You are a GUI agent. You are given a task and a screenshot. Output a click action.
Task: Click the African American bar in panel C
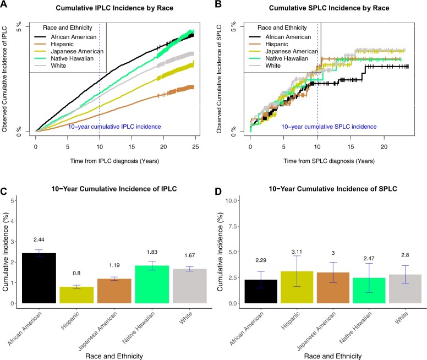[39, 278]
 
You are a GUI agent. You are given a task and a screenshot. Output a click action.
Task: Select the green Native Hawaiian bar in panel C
[152, 284]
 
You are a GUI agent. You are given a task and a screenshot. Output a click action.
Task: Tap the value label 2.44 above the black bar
[39, 239]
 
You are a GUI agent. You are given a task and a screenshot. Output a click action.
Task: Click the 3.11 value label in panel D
[297, 252]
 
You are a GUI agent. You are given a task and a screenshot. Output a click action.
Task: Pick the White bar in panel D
[405, 289]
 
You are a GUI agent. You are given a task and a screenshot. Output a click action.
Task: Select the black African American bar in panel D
[261, 291]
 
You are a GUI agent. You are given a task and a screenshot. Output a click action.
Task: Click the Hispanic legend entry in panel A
[62, 44]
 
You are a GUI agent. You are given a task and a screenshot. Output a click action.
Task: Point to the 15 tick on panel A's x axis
[132, 146]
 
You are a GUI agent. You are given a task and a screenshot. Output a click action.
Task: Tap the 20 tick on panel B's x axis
[384, 146]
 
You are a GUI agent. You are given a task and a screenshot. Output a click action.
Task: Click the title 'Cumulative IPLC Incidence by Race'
[114, 8]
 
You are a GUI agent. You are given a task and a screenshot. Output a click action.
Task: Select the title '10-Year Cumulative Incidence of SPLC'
[333, 189]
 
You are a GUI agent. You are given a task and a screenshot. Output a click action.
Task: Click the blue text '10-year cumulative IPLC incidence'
[114, 127]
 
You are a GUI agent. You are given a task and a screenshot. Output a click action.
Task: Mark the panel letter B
[218, 4]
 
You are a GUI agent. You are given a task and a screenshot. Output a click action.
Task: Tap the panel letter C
[4, 192]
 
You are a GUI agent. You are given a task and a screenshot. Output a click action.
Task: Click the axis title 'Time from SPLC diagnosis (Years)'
[329, 161]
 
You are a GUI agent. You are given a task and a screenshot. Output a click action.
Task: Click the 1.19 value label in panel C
[114, 265]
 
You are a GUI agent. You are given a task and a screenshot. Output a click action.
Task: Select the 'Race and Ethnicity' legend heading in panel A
[68, 28]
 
